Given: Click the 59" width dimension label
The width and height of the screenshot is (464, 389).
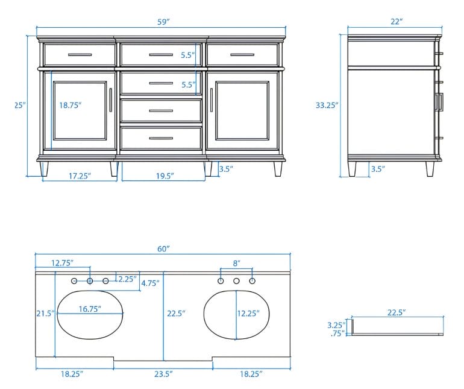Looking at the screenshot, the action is [163, 22].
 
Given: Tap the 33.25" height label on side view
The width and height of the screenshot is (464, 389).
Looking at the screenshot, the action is [327, 105].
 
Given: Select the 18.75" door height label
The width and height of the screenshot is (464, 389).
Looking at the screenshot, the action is [70, 105].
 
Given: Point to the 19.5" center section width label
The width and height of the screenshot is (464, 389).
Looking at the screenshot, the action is [165, 176].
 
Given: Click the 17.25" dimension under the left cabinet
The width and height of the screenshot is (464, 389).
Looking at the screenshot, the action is [80, 176].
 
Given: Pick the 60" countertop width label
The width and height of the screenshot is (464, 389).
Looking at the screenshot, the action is [163, 249].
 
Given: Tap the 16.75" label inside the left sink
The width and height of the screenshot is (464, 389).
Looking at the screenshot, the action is [90, 309].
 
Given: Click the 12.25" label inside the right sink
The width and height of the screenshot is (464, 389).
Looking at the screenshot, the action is [248, 313].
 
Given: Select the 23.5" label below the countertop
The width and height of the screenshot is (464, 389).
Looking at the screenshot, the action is [163, 374].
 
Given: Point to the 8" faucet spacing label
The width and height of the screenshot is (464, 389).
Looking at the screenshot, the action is [236, 264].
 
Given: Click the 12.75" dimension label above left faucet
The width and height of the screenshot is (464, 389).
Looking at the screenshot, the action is [62, 263].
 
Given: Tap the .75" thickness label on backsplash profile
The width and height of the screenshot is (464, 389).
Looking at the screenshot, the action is [337, 334].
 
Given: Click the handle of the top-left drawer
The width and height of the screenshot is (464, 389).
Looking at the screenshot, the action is [80, 55].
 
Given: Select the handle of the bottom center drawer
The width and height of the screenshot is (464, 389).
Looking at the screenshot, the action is [161, 138].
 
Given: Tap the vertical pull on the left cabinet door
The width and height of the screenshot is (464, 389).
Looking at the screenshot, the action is [111, 100].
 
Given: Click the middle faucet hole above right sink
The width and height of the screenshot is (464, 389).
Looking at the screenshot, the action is [236, 281].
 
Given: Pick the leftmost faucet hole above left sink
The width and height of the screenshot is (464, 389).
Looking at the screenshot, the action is [74, 281].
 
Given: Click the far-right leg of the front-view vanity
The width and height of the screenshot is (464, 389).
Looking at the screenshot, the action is [278, 169].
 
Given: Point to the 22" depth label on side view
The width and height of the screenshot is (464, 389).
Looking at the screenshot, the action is [397, 22].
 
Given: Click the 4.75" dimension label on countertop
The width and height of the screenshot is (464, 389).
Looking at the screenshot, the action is [150, 283].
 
